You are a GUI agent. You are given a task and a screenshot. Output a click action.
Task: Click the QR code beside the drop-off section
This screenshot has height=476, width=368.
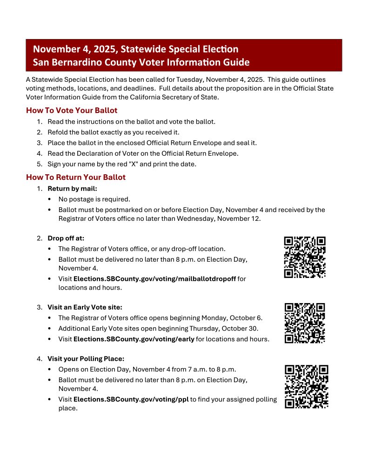(305, 257)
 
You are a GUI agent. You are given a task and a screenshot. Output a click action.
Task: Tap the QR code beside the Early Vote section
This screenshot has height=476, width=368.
(305, 323)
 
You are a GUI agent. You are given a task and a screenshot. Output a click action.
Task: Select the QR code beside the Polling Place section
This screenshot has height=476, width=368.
(306, 386)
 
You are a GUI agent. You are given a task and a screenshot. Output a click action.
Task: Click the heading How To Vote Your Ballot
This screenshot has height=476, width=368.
(72, 111)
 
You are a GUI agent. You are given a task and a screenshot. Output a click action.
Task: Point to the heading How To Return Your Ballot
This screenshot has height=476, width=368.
(76, 178)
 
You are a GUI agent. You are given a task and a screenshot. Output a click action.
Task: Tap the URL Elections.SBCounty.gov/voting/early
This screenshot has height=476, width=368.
(134, 339)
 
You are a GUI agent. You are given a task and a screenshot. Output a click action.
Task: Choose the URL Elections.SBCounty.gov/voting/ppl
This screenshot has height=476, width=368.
(131, 399)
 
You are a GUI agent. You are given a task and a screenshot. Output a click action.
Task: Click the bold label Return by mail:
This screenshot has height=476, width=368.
(72, 189)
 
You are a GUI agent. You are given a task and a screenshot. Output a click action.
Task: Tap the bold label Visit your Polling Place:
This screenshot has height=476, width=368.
(86, 359)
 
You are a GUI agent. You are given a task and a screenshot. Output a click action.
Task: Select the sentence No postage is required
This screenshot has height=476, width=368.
(94, 199)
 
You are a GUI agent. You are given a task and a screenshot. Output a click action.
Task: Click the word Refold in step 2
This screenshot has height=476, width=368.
(58, 132)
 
